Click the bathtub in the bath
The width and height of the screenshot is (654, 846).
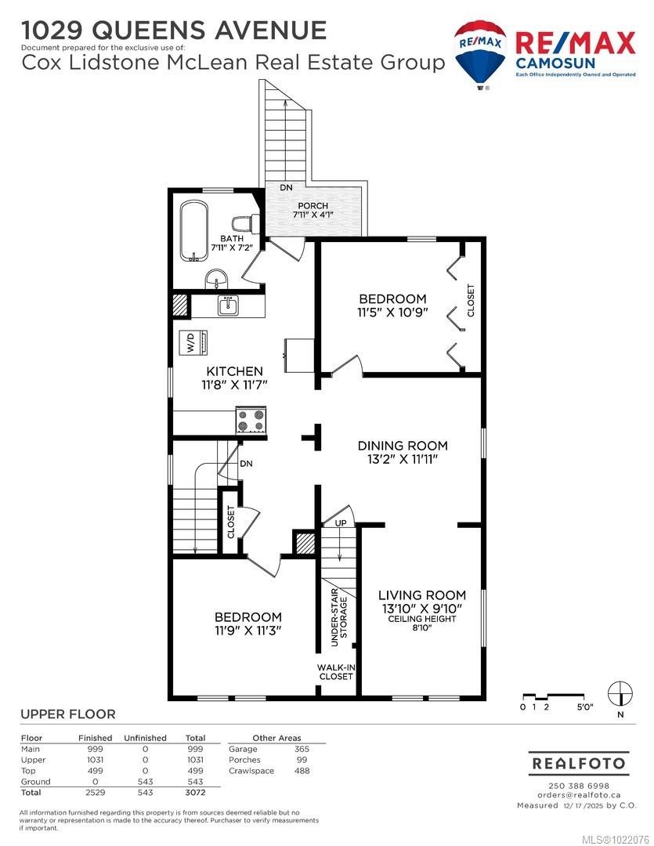point(193,232)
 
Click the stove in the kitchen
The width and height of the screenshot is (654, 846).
point(251,421)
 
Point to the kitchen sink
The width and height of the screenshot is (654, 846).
point(229,305)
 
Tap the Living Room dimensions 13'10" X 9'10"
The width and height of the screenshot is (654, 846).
point(421,608)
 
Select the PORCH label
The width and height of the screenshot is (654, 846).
point(312,206)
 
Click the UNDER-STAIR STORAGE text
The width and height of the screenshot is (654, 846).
point(338,620)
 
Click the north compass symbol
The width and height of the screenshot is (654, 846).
point(621,692)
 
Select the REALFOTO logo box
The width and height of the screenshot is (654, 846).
point(578,762)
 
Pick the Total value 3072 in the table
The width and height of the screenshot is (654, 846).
point(195,793)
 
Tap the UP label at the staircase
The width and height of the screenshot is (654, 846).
point(340,522)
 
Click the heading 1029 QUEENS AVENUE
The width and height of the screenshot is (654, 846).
point(174,30)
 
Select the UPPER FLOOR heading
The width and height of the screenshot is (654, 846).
point(67,714)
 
